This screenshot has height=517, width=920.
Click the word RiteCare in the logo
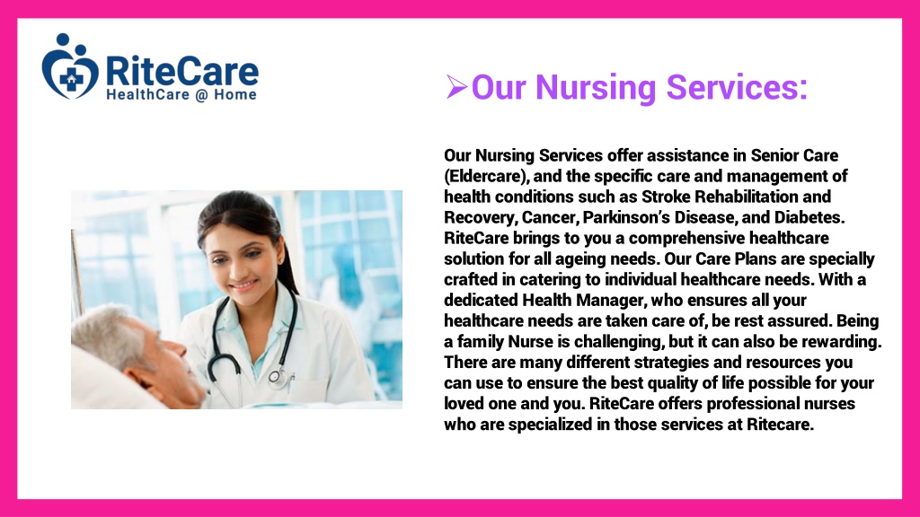tap(181, 71)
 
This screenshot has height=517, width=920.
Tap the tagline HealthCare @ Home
tap(181, 95)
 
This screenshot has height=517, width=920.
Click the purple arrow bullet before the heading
tap(456, 87)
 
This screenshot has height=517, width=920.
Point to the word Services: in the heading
tap(737, 87)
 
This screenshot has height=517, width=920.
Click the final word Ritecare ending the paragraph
tap(780, 425)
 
